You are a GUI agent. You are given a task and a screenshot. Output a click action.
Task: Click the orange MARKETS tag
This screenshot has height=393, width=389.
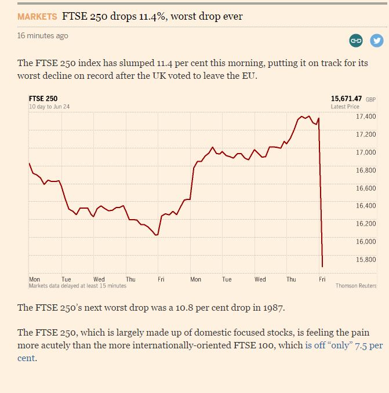click(x=37, y=16)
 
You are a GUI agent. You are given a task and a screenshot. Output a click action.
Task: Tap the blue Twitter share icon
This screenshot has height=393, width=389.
click(x=377, y=41)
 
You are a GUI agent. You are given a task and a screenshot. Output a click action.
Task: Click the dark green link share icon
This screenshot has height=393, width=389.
click(x=356, y=41)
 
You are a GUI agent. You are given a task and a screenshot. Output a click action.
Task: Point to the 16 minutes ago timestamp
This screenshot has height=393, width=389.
click(x=42, y=36)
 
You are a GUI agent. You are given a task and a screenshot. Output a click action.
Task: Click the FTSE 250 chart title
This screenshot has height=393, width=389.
click(x=43, y=99)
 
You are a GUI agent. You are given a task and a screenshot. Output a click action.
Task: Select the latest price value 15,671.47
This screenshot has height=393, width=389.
click(x=346, y=99)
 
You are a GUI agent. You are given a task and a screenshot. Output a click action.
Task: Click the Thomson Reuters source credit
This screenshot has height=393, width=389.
click(x=356, y=286)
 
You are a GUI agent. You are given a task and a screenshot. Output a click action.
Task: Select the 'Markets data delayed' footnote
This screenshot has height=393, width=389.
click(x=77, y=286)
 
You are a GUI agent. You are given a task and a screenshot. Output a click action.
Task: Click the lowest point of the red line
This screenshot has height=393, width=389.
click(x=322, y=266)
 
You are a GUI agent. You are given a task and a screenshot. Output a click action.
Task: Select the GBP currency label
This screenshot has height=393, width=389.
click(x=371, y=100)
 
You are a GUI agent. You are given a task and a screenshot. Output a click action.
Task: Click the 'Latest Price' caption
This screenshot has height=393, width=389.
click(x=345, y=107)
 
